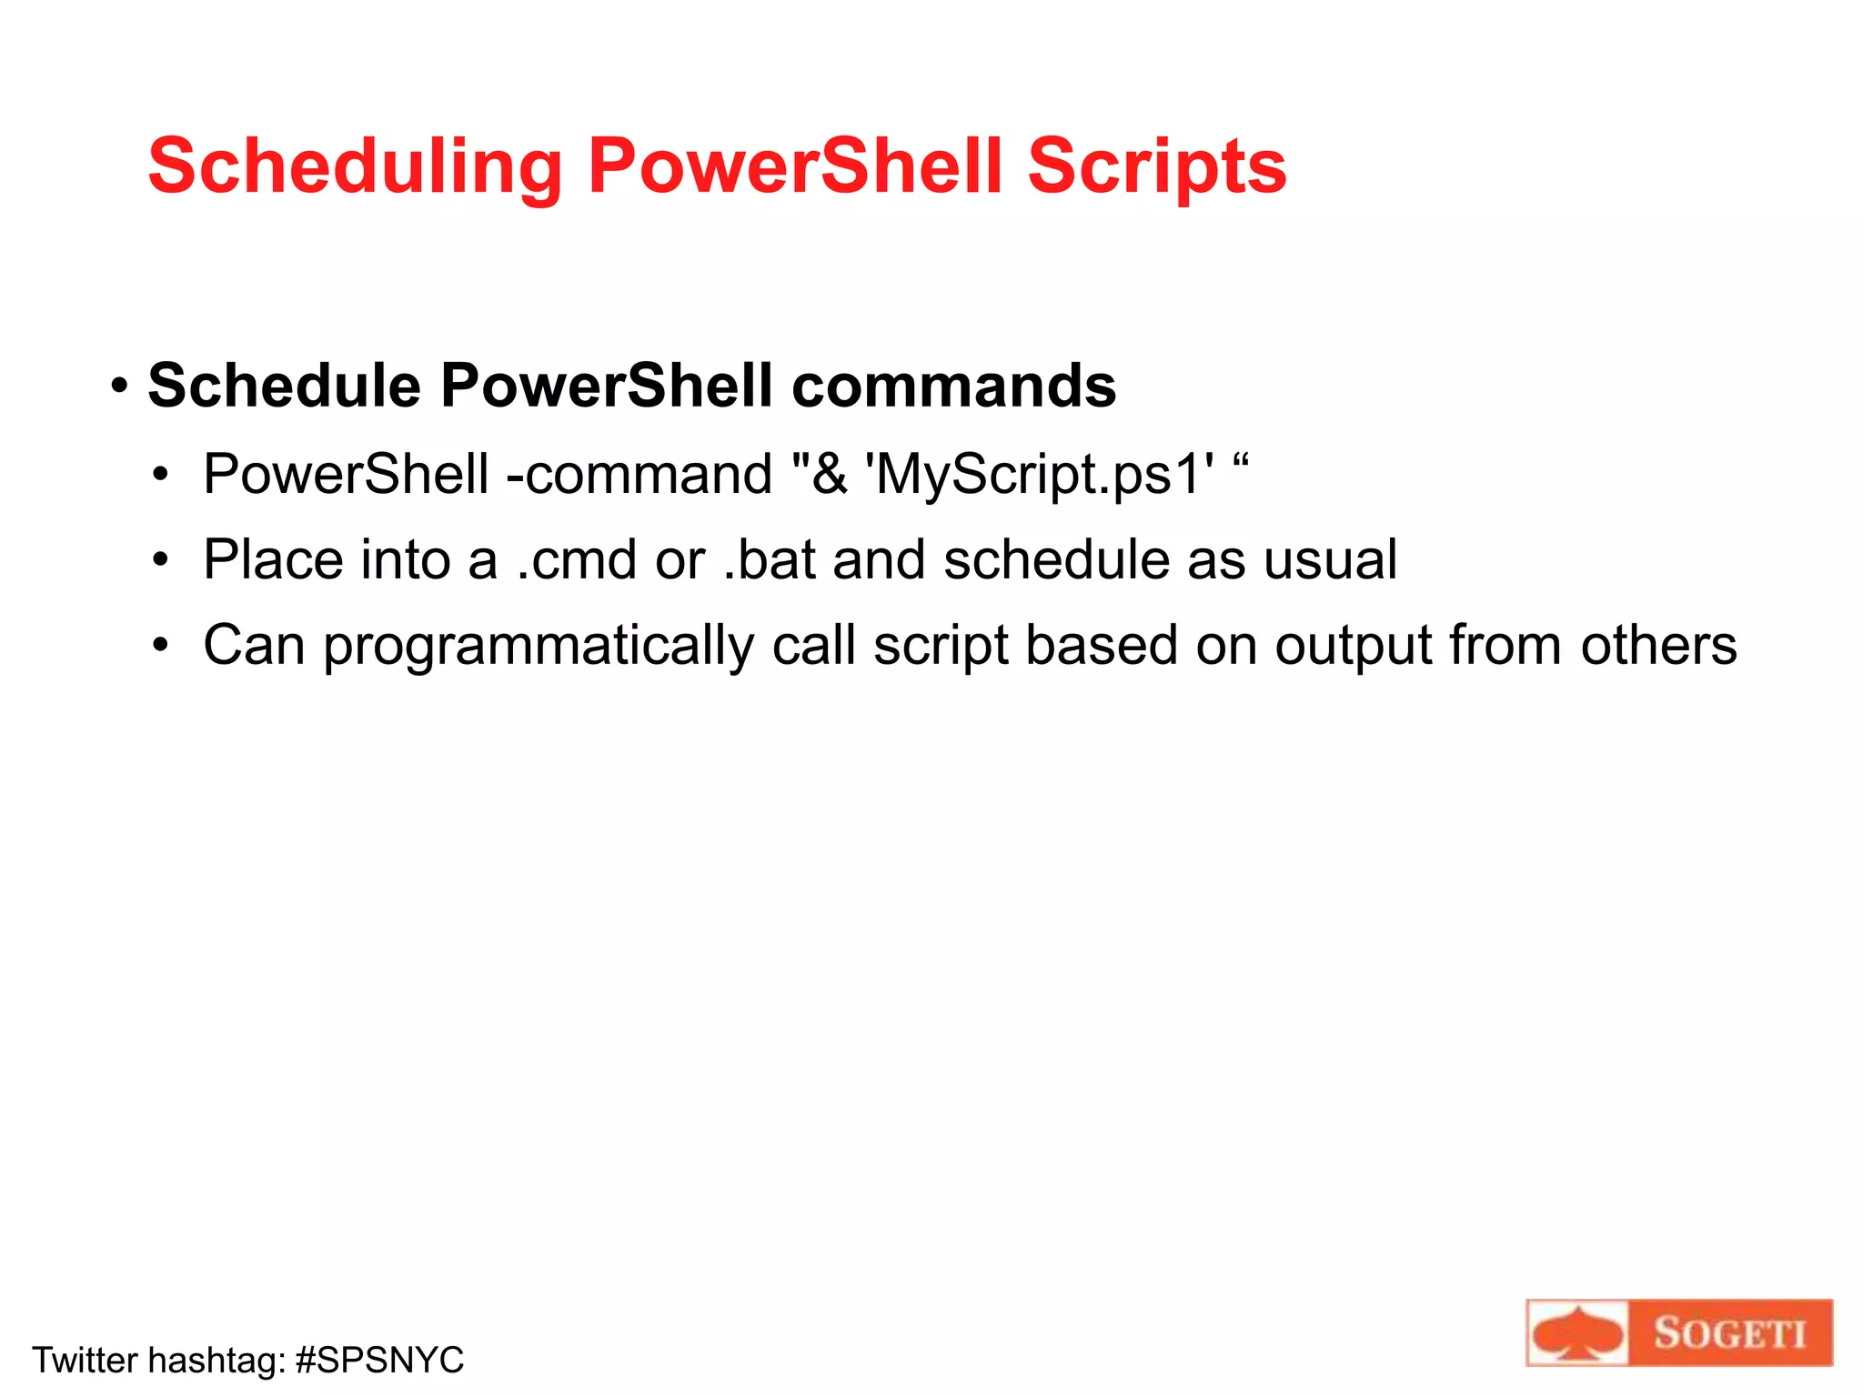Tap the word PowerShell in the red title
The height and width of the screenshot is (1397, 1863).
point(795,166)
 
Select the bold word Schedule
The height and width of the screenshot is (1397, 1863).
point(284,386)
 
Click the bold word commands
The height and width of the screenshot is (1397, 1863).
point(953,386)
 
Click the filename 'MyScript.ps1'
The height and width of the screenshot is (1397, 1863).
point(1041,475)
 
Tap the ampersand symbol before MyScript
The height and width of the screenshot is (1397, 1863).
point(829,475)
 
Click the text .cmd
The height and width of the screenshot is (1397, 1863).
point(576,559)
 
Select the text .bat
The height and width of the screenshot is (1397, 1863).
point(769,559)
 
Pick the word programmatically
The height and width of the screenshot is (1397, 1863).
point(538,647)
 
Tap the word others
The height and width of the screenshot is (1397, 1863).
point(1658,645)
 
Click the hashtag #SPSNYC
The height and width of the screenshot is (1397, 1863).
point(379,1361)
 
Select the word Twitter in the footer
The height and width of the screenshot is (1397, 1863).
point(85,1361)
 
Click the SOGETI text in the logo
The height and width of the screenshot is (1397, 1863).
point(1728,1333)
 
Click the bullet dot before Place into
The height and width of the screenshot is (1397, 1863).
point(161,559)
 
